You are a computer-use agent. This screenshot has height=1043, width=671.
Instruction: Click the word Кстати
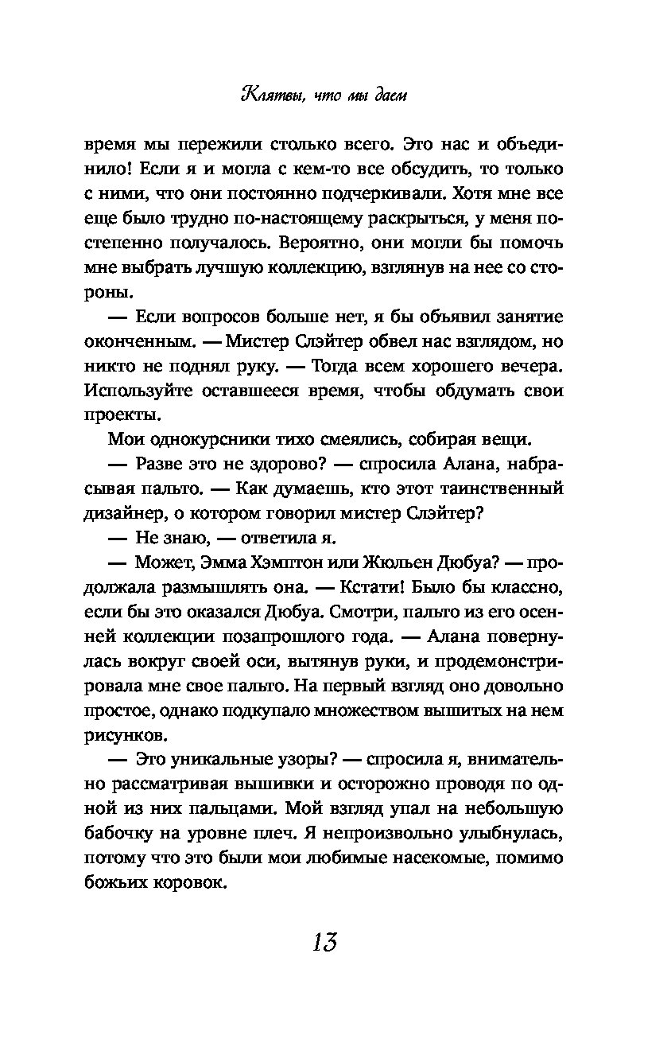398,588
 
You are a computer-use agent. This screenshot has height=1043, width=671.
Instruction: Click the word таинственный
499,489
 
